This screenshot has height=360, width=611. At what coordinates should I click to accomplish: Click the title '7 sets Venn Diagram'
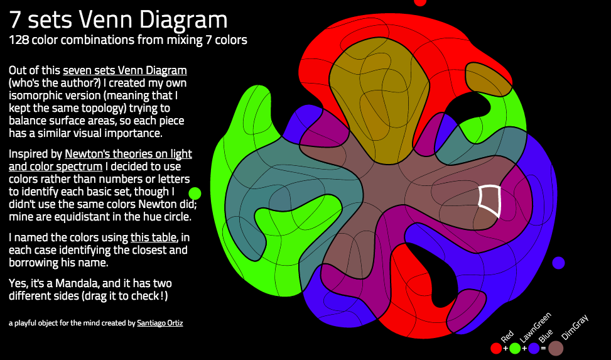point(118,20)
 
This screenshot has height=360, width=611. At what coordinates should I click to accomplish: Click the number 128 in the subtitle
point(19,40)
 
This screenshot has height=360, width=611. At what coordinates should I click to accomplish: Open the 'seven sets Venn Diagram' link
point(124,70)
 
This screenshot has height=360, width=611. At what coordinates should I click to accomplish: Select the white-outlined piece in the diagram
point(490,202)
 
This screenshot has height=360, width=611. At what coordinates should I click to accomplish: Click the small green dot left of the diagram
point(195,193)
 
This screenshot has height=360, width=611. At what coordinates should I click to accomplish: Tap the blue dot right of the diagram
point(558,263)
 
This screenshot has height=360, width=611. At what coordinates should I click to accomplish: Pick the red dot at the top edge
point(421,2)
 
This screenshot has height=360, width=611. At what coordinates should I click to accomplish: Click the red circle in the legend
point(496,347)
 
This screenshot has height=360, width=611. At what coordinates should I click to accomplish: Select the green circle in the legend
point(515,347)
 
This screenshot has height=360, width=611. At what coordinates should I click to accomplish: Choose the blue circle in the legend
point(534,347)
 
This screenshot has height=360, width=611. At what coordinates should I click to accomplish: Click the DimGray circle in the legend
point(556,347)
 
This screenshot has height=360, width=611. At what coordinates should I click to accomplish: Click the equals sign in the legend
point(543,347)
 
